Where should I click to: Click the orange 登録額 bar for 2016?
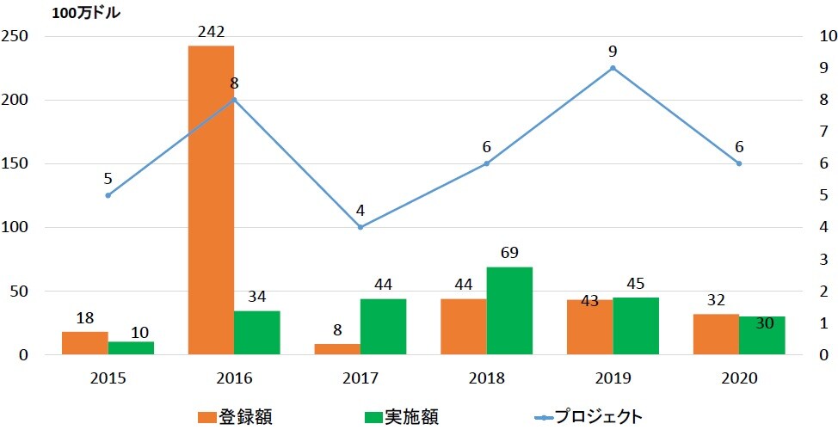click(211, 200)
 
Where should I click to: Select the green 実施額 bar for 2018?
click(509, 310)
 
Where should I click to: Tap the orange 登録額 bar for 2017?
click(337, 349)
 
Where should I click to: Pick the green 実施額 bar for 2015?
click(131, 347)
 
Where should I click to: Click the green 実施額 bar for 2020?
click(762, 335)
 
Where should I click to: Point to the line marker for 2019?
click(613, 68)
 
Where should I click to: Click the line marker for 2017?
click(360, 227)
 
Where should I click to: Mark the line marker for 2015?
click(108, 195)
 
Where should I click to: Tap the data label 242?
click(211, 32)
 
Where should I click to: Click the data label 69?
click(509, 254)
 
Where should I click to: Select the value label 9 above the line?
click(613, 51)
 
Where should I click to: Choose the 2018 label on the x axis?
click(487, 378)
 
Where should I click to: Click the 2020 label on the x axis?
click(739, 378)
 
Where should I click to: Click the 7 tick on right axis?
click(813, 132)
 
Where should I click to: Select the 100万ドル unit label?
click(86, 13)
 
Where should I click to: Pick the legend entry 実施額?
click(400, 417)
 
